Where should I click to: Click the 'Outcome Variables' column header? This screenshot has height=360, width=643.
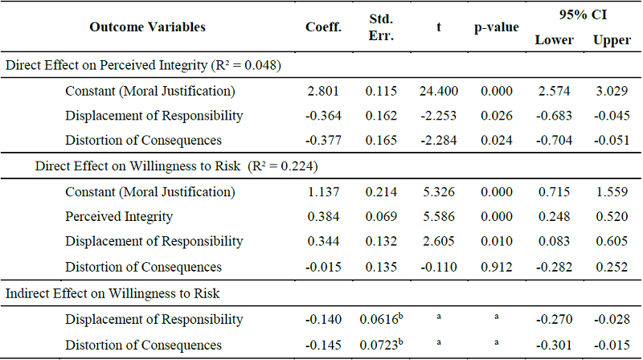(x=147, y=27)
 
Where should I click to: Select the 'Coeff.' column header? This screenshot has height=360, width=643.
(x=323, y=27)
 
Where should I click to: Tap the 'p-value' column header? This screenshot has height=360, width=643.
(x=496, y=27)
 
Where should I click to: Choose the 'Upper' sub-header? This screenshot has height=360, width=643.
(x=612, y=40)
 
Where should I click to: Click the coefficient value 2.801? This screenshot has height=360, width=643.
(x=324, y=91)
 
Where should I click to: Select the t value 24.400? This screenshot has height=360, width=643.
(x=438, y=91)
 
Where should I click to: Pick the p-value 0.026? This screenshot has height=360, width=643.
(x=496, y=116)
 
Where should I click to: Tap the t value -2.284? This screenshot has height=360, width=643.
(x=438, y=141)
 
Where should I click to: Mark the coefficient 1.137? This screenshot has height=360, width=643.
(x=324, y=192)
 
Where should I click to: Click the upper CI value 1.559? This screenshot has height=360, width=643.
(x=612, y=192)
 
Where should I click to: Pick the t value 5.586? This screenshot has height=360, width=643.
(x=438, y=217)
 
